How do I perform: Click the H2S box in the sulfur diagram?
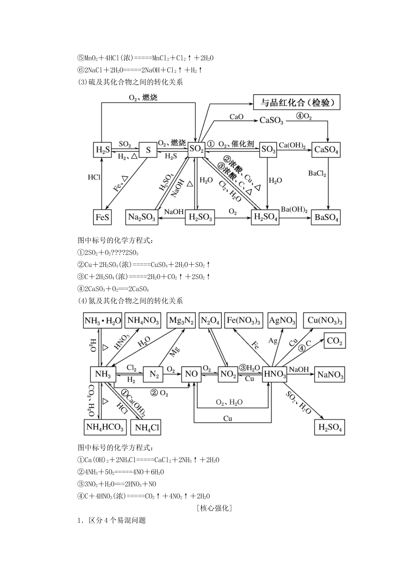click(102, 150)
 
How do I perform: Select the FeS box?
click(102, 217)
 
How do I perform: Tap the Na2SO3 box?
click(142, 217)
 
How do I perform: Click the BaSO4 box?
click(327, 217)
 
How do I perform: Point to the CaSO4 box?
click(327, 150)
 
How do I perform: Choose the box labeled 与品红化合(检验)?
click(297, 102)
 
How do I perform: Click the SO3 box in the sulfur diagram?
click(268, 150)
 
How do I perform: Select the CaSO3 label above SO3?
click(271, 120)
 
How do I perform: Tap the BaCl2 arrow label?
click(317, 174)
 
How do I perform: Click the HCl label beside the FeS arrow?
click(94, 177)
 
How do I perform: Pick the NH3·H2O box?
click(102, 321)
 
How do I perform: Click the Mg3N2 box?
click(183, 321)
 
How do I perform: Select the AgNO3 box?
click(282, 321)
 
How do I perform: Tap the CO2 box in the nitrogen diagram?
click(335, 341)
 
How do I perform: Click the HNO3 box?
click(275, 374)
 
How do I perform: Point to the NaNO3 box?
click(330, 375)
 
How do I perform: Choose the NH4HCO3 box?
click(105, 427)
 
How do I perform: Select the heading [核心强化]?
click(214, 508)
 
